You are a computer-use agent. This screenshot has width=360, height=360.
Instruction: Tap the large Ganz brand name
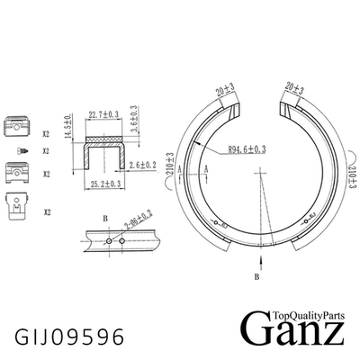(x=292, y=332)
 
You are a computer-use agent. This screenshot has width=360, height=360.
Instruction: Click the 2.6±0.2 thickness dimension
(x=145, y=166)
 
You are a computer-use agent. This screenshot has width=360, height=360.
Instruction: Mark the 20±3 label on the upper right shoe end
(x=295, y=89)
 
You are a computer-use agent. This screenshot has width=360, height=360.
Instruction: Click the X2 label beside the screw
(x=45, y=150)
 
